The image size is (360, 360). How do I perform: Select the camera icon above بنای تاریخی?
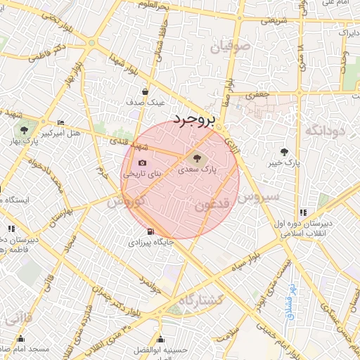(143, 162)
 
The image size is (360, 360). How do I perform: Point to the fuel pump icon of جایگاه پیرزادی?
(149, 232)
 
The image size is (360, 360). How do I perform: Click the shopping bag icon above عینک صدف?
(146, 91)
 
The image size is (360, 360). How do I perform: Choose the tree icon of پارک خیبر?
(284, 151)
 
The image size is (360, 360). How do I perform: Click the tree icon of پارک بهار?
(25, 130)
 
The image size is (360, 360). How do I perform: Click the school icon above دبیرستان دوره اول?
(303, 212)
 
